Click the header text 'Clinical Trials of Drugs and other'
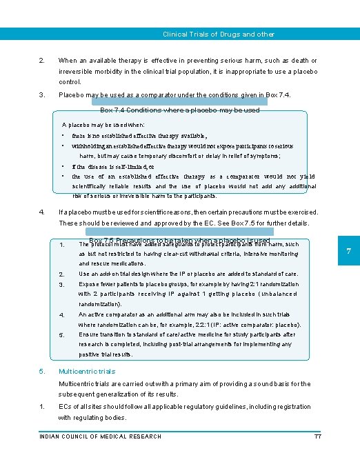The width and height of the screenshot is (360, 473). coord(218,34)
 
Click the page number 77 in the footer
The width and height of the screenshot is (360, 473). coord(318,436)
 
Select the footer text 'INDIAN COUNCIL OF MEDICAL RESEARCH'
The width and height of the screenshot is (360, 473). coord(101,436)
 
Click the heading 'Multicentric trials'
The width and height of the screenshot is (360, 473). coord(87,371)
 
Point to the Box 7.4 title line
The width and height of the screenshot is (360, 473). coord(180,110)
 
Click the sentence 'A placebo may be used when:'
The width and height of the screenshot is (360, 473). coord(103,125)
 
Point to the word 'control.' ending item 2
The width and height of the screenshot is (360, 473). coord(70,82)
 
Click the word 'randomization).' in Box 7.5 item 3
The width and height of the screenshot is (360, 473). coord(103,304)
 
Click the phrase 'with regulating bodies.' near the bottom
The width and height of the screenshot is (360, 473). coord(92,418)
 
